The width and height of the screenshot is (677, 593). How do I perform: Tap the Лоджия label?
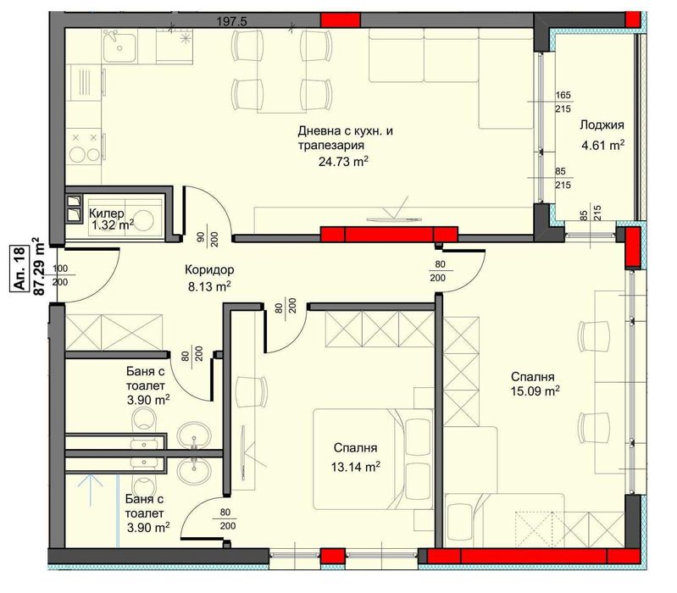click(602, 125)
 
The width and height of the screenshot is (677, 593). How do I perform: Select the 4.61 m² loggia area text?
click(602, 145)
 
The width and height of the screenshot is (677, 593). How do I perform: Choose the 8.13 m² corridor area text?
click(208, 287)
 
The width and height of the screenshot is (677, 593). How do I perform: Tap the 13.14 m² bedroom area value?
click(353, 465)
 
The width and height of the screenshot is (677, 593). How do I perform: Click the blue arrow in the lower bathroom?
click(85, 489)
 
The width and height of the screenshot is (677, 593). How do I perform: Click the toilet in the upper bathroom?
click(147, 419)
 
